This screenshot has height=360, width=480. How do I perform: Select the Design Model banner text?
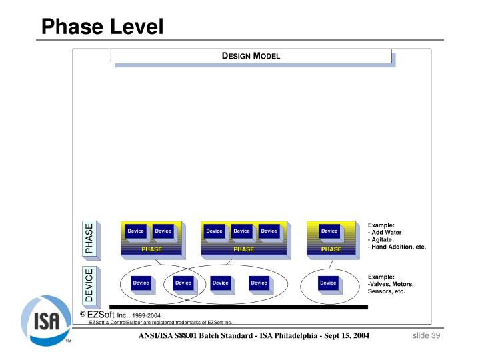pyautogui.click(x=251, y=55)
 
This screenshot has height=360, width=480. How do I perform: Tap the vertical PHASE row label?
pyautogui.click(x=89, y=239)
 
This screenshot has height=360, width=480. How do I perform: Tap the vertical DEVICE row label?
pyautogui.click(x=89, y=285)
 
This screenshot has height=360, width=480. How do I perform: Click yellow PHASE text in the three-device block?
pyautogui.click(x=243, y=249)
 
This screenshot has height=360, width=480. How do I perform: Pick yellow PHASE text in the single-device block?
pyautogui.click(x=331, y=249)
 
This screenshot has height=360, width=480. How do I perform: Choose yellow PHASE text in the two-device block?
pyautogui.click(x=151, y=249)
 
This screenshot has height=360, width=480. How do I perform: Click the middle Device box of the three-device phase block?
pyautogui.click(x=241, y=231)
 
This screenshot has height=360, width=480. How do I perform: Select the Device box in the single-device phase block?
pyautogui.click(x=329, y=231)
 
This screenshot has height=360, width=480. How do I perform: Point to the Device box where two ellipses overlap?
pyautogui.click(x=183, y=283)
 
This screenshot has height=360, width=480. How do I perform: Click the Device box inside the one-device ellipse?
pyautogui.click(x=328, y=283)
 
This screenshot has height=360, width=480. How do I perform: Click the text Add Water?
pyautogui.click(x=386, y=232)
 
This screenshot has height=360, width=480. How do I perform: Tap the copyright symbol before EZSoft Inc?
pyautogui.click(x=83, y=314)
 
